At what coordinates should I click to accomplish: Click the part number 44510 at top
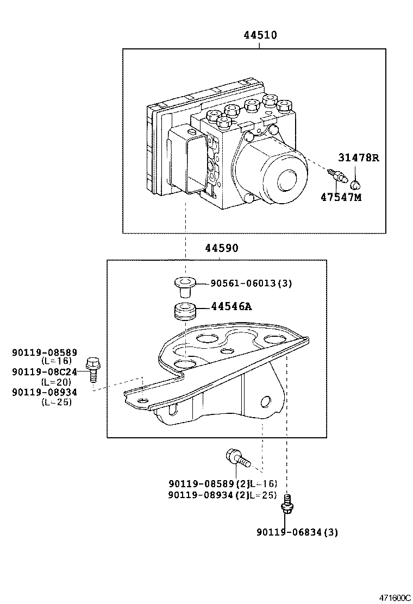(260, 36)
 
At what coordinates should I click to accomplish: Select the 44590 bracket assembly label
(221, 248)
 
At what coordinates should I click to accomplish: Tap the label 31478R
(358, 158)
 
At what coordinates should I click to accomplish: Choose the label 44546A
(231, 307)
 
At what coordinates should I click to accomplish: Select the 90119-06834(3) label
(297, 532)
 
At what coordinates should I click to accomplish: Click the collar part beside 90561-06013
(185, 285)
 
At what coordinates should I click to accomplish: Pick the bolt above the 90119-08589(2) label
(237, 457)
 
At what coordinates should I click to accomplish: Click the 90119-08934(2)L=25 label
(222, 495)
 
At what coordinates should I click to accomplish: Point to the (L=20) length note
(56, 382)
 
